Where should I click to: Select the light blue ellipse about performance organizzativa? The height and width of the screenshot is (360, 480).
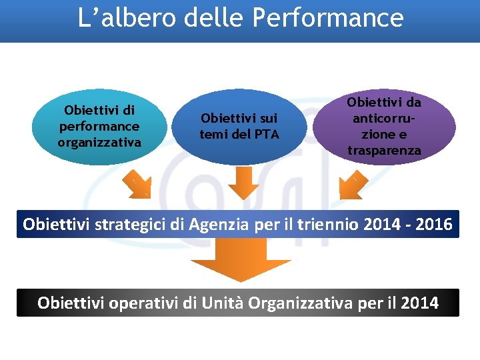pyautogui.click(x=99, y=126)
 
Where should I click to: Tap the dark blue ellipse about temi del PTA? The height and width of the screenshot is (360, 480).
pyautogui.click(x=239, y=126)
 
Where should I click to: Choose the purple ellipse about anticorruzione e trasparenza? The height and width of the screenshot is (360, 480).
pyautogui.click(x=384, y=126)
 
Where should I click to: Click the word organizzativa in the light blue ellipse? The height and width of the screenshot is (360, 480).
pyautogui.click(x=99, y=142)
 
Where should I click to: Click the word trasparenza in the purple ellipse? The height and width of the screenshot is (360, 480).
pyautogui.click(x=384, y=150)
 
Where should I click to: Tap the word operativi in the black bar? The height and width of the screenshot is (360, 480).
pyautogui.click(x=144, y=303)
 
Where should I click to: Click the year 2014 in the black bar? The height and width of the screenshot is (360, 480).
pyautogui.click(x=419, y=303)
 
